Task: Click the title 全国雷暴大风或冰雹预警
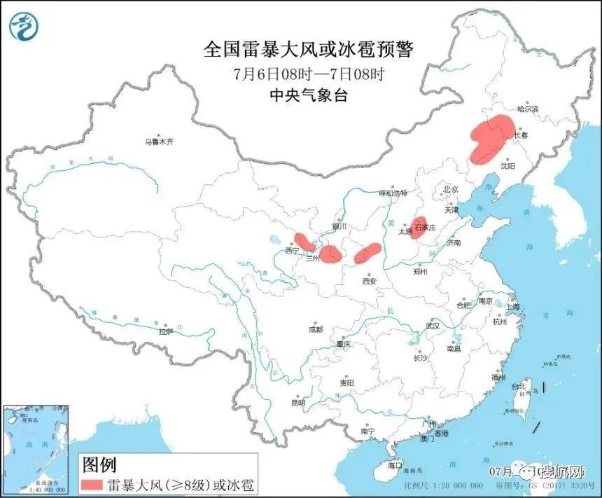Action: [x=309, y=50]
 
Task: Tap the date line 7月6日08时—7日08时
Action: [x=309, y=73]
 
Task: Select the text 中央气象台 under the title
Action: [x=309, y=95]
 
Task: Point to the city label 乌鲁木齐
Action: [x=158, y=142]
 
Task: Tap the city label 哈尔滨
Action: [x=528, y=109]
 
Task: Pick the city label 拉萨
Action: [x=165, y=332]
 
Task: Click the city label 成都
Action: [x=315, y=329]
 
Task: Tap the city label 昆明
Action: [x=298, y=403]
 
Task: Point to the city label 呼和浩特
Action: [x=393, y=193]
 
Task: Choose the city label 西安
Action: [x=369, y=281]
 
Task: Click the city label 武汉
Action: [x=431, y=326]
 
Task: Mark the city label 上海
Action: [x=512, y=307]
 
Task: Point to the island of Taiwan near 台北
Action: [x=522, y=400]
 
